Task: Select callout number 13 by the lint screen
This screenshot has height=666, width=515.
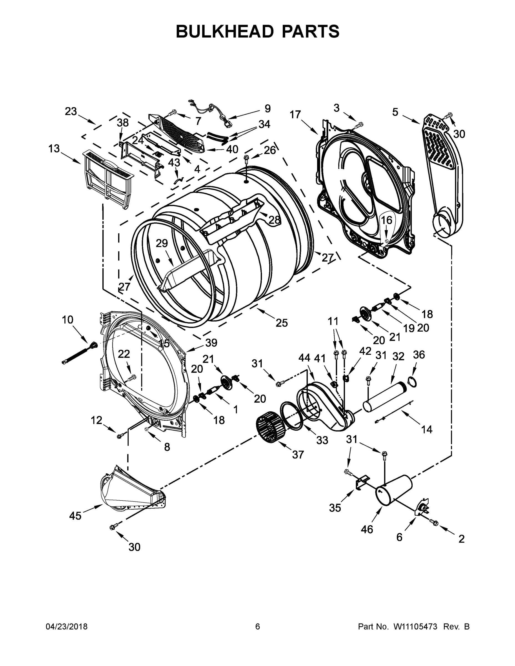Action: (54, 149)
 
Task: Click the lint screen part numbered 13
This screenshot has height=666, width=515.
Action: (108, 178)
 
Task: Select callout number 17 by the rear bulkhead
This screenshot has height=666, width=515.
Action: (295, 115)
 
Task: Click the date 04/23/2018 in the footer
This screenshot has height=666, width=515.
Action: (67, 626)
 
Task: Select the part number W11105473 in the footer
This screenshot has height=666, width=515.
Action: (415, 626)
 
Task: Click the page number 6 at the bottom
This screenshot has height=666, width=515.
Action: (258, 626)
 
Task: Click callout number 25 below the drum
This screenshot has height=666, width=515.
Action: (281, 323)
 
